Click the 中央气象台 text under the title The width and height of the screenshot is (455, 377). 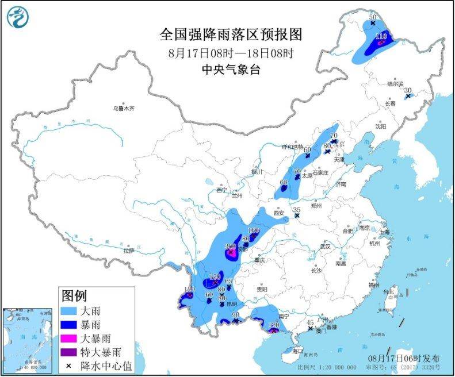[231, 70]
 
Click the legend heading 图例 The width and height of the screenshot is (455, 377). [74, 296]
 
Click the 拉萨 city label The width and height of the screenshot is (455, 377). [127, 251]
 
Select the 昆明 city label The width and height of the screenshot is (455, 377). [231, 303]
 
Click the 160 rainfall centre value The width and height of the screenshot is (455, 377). [254, 230]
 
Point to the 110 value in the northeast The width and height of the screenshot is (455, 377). [380, 37]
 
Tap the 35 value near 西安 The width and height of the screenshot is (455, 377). [297, 210]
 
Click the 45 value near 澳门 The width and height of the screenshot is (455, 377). [310, 322]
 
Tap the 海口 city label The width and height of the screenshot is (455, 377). [297, 350]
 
